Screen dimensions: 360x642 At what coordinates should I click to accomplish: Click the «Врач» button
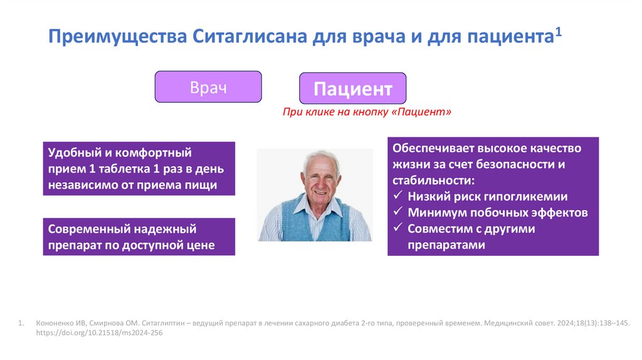208,87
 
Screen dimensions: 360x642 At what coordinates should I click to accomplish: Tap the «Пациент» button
352,88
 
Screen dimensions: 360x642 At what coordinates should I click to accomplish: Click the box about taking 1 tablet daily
139,168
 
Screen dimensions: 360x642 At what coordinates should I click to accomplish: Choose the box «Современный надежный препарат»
139,236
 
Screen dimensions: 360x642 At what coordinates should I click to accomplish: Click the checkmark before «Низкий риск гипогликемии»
397,196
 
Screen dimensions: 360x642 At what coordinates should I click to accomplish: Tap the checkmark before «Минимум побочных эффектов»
397,213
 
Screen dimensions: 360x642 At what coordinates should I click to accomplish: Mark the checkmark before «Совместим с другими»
397,229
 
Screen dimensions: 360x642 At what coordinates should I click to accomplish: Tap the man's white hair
320,155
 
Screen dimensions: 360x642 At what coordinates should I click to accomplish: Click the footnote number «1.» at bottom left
21,324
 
